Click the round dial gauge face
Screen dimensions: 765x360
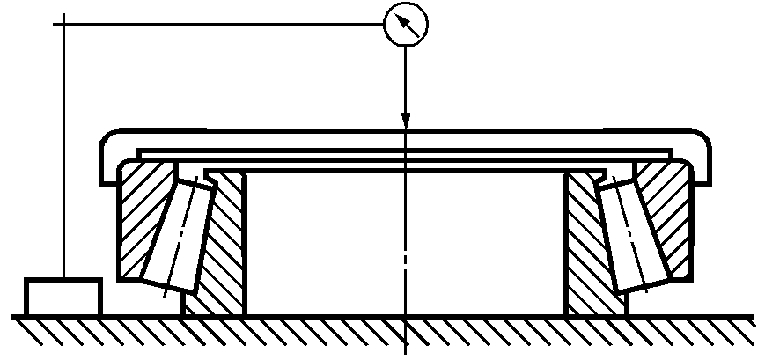pos(405,25)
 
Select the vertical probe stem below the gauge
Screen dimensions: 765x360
pos(405,79)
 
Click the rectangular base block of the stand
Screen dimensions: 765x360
pos(63,297)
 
